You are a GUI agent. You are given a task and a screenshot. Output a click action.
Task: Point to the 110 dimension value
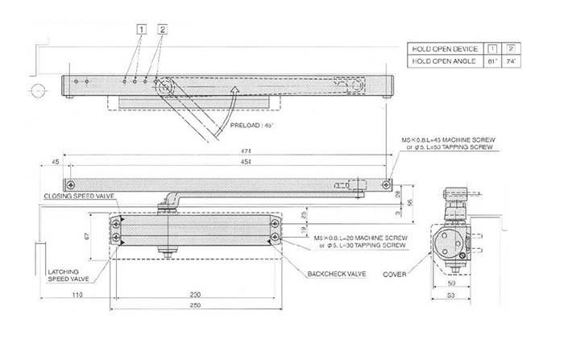click(77, 295)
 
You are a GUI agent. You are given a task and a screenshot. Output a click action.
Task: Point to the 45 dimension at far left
click(55, 161)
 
